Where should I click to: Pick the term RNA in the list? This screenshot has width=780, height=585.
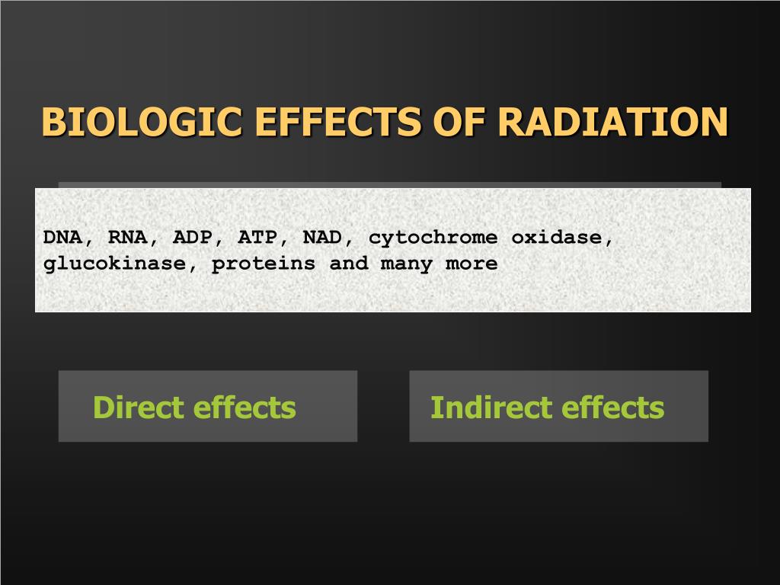coord(128,237)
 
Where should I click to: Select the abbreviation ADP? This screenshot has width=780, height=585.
coord(193,237)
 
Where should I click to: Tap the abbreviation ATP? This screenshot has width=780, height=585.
coord(257,237)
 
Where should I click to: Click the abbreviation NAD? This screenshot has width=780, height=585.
coord(322,237)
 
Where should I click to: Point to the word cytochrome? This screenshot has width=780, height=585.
coord(433,238)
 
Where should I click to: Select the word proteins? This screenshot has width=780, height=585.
coord(263,264)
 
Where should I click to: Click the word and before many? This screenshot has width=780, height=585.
coord(348,264)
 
